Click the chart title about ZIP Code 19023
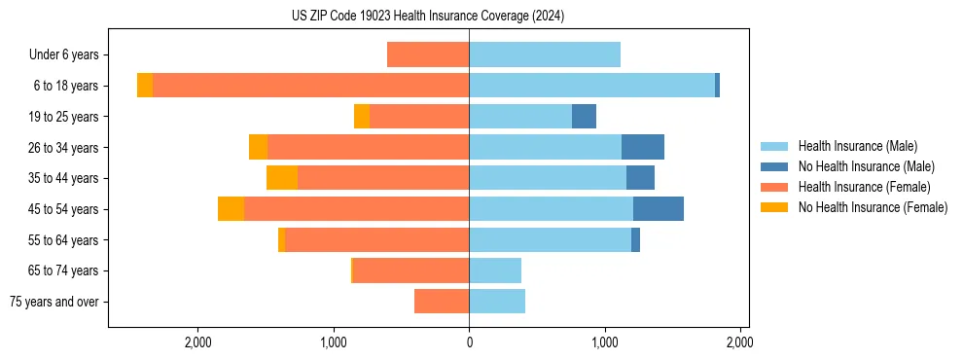tap(427, 17)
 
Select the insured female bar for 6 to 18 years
tap(310, 86)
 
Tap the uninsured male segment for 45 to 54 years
tap(659, 208)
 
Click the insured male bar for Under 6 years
tap(545, 54)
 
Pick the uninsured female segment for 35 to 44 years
tap(282, 178)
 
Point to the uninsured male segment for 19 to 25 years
tap(584, 117)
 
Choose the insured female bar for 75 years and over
tap(442, 302)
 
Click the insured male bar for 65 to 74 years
tap(495, 270)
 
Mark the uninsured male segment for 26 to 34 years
tap(643, 147)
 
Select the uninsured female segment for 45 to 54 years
tap(231, 208)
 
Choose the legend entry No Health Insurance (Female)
tap(873, 207)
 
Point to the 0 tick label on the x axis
tap(469, 342)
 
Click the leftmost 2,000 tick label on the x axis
tap(198, 342)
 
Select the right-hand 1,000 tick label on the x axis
tap(605, 342)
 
